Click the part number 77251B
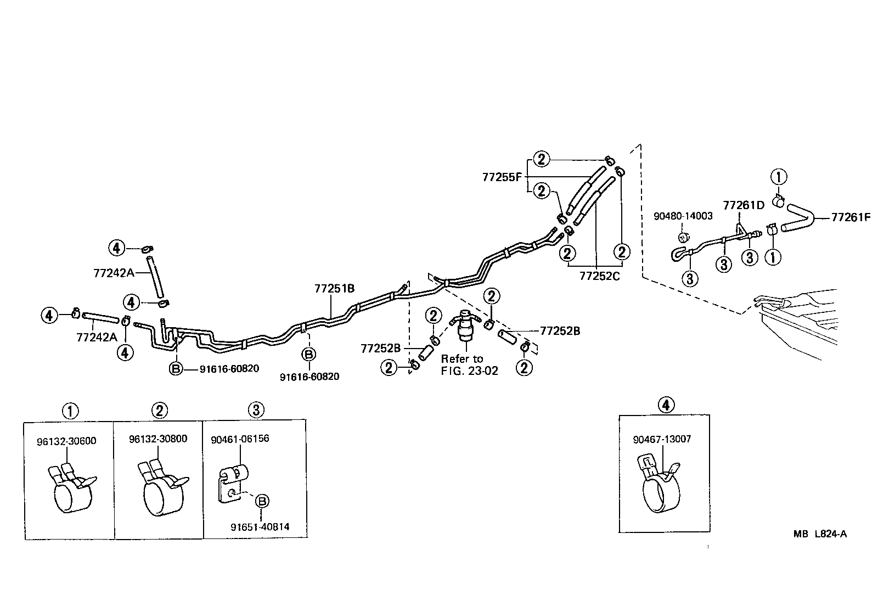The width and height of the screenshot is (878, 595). (x=334, y=288)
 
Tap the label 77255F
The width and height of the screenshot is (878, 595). (x=502, y=177)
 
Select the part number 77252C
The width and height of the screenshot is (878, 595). (x=599, y=276)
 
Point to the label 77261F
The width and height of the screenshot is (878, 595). (x=851, y=217)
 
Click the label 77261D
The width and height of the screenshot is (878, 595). (x=744, y=205)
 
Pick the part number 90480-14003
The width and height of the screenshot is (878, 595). (x=683, y=216)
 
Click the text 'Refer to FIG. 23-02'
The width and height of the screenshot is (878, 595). (x=469, y=364)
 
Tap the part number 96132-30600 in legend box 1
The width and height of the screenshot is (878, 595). (x=67, y=441)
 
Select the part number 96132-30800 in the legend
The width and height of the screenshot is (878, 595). (x=158, y=439)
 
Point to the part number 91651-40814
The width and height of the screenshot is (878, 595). (x=260, y=527)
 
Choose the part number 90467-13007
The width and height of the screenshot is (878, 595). (x=662, y=439)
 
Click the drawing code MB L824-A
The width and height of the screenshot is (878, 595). (x=819, y=534)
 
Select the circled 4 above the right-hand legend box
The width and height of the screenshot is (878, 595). (x=665, y=405)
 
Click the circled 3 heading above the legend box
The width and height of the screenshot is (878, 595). (x=256, y=409)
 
